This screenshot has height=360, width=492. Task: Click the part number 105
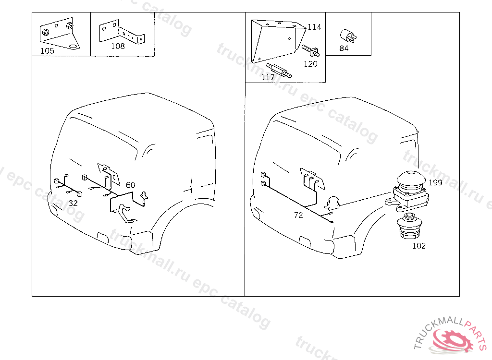(48, 51)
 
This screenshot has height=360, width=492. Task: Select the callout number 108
(118, 46)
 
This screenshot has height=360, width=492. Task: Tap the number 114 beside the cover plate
(314, 27)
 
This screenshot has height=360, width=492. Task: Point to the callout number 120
(310, 64)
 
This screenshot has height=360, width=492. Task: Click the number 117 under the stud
(268, 77)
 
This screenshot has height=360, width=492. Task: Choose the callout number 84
(344, 48)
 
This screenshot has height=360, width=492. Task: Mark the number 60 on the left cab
(131, 185)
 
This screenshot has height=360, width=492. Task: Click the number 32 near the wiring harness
(73, 203)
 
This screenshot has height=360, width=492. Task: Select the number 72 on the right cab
(298, 215)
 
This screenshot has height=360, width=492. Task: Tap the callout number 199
(435, 182)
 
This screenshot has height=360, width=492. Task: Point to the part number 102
(419, 246)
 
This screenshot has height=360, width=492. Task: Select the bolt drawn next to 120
(311, 51)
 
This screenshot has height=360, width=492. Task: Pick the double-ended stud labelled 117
(279, 70)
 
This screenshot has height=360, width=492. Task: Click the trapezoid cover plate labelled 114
(278, 41)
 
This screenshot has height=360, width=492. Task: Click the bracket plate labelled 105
(60, 34)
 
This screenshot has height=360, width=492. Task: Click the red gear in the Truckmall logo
(453, 340)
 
